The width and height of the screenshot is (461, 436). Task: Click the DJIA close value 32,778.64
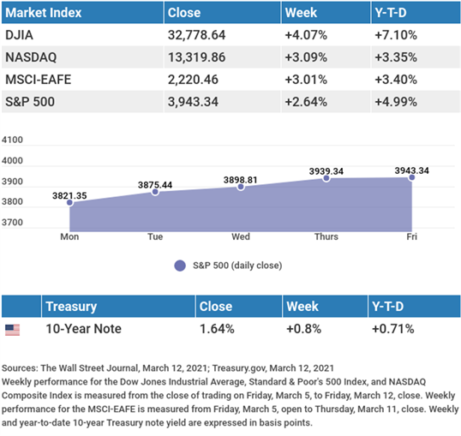click(x=196, y=35)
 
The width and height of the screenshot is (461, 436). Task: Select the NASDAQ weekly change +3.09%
click(x=306, y=57)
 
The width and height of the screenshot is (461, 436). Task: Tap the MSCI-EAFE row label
click(x=39, y=80)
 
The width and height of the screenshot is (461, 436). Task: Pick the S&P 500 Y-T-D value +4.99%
click(x=396, y=102)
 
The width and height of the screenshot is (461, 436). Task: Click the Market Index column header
click(x=43, y=13)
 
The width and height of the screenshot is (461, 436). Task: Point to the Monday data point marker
click(x=69, y=202)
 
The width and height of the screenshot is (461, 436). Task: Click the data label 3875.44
click(x=155, y=185)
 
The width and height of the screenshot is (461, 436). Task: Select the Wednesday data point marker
click(x=241, y=187)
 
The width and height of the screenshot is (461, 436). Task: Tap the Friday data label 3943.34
click(x=411, y=170)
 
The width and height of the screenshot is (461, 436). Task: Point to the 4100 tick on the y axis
click(x=12, y=140)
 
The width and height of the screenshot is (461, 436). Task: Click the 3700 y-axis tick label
click(x=12, y=222)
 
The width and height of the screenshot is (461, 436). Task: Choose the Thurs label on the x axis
click(x=326, y=236)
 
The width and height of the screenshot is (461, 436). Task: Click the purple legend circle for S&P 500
click(x=180, y=266)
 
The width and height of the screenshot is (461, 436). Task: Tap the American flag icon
click(x=12, y=330)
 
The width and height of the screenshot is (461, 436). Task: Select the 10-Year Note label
click(x=83, y=329)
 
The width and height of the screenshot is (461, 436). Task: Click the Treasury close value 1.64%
click(x=217, y=329)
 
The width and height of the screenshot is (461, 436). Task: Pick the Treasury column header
click(x=71, y=307)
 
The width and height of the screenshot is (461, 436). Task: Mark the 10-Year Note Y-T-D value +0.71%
click(x=393, y=329)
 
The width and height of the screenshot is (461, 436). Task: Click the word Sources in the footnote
click(x=20, y=368)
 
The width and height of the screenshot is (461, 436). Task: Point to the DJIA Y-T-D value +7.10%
click(x=396, y=35)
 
